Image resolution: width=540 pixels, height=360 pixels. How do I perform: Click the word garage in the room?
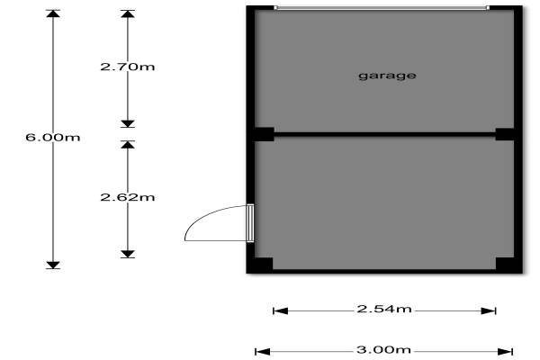tap(387, 76)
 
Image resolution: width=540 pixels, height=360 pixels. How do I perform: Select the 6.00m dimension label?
tap(53, 138)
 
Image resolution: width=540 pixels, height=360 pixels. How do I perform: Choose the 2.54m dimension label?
tap(384, 310)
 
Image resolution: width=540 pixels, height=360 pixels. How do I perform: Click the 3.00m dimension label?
tap(384, 350)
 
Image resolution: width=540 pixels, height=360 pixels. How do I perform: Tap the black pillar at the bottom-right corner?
tap(505, 265)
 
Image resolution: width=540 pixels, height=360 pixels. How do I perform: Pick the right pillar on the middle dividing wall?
tap(505, 134)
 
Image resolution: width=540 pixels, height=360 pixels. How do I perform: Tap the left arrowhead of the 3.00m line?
tap(260, 351)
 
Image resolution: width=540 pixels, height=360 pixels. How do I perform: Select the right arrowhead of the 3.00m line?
tap(509, 351)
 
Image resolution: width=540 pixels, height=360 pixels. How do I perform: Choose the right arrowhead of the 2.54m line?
tap(490, 310)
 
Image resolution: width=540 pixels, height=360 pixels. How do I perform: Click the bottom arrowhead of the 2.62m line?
tap(128, 253)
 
